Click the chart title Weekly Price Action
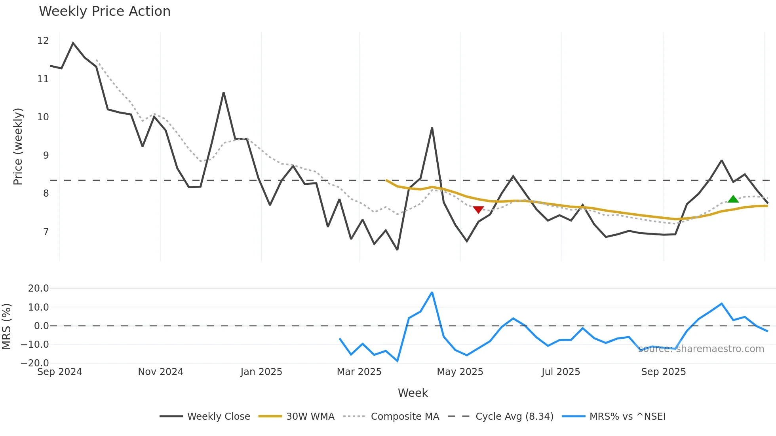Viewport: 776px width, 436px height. [105, 11]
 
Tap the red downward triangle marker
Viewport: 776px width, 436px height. [478, 209]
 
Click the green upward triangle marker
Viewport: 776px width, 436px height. [733, 199]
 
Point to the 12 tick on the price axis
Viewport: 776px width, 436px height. [43, 41]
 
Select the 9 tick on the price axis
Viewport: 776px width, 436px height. [46, 155]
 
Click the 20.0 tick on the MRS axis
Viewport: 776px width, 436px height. [38, 288]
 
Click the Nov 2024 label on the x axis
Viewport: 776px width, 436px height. [160, 372]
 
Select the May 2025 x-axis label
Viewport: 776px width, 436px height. [460, 372]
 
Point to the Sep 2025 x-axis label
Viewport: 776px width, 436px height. [663, 372]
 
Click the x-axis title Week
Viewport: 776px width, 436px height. [413, 393]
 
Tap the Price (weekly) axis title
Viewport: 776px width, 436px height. [18, 146]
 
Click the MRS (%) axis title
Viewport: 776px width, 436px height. [6, 326]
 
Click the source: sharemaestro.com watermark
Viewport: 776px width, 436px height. [701, 349]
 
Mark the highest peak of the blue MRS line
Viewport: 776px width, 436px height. [432, 292]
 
